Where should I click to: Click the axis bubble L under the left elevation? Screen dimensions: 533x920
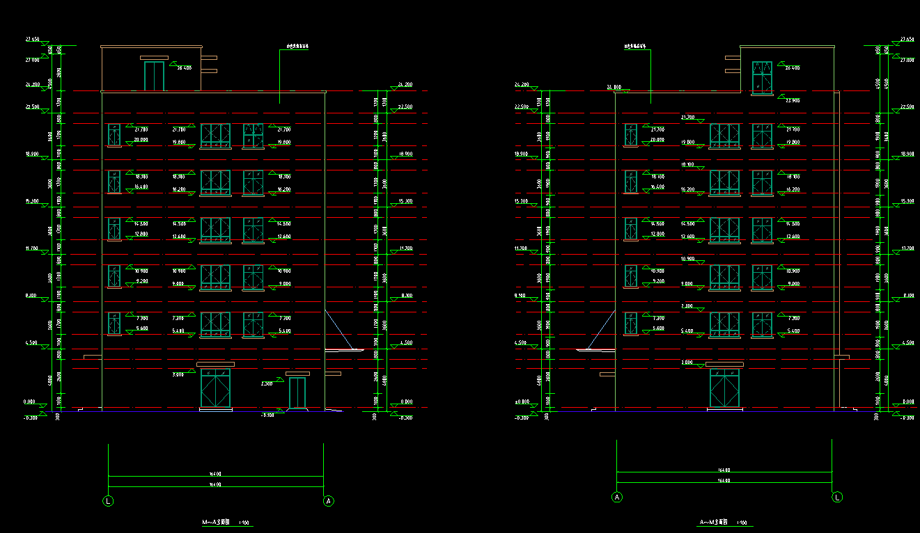click(108, 500)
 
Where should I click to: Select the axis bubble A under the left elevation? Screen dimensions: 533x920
click(329, 500)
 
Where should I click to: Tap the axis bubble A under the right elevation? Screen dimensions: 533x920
click(616, 497)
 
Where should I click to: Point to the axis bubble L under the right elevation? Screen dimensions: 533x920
click(838, 497)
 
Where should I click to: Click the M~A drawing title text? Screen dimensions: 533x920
click(216, 522)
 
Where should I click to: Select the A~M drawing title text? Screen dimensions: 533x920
click(714, 522)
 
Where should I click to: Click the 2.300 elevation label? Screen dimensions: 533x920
click(267, 384)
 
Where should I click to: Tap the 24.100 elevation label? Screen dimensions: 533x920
click(614, 87)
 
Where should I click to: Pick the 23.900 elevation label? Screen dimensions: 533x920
click(792, 100)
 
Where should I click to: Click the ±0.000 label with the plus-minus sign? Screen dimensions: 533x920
click(522, 401)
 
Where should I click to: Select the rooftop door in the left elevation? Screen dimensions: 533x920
click(154, 76)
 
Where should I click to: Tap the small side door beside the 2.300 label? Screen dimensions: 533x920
click(297, 393)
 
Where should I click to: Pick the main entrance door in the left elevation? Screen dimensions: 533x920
click(215, 389)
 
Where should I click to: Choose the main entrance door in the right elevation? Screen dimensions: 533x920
click(724, 389)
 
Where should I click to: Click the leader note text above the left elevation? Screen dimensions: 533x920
click(297, 47)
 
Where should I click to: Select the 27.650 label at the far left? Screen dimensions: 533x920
click(31, 39)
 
